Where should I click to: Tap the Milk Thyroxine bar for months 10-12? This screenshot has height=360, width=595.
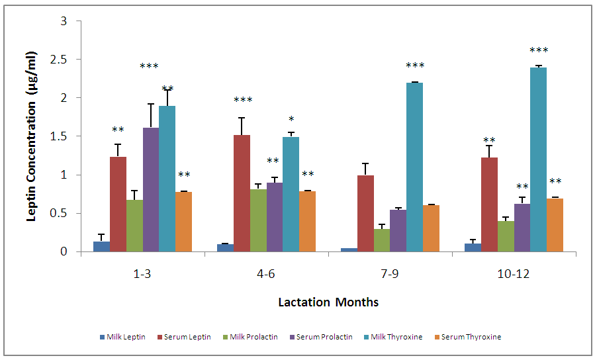pos(538,159)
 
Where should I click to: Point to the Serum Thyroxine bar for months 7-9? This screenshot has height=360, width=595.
pos(431,228)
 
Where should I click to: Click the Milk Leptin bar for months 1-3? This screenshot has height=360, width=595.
pos(101,247)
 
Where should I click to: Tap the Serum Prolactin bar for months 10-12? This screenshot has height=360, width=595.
pos(522,228)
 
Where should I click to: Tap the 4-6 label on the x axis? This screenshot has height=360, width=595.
pos(266,273)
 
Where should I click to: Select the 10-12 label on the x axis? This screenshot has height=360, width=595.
pos(514,273)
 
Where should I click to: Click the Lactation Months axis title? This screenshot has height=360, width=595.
pos(328,302)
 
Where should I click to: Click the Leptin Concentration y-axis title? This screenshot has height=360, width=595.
pos(31,136)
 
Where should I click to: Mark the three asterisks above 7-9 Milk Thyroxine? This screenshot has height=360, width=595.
pos(415,66)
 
